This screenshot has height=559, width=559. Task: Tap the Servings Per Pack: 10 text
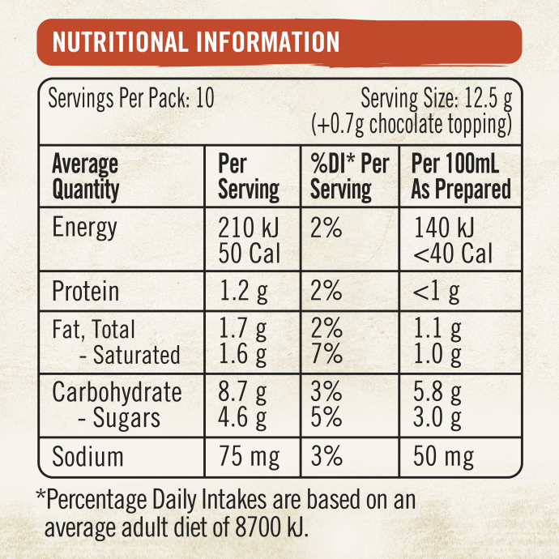point(131,100)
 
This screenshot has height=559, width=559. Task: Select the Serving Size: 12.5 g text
point(436,100)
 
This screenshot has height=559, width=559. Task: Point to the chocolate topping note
point(412,125)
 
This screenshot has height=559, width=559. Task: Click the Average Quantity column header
point(85,177)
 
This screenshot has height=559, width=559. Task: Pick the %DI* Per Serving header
point(349,177)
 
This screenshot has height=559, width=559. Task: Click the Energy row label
point(84,228)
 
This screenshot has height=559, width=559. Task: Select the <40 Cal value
point(453,254)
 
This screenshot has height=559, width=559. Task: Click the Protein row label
point(85,292)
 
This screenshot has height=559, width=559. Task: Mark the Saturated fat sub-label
point(130,355)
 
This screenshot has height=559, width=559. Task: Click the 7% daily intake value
point(326,355)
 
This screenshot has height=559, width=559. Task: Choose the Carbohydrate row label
point(117,393)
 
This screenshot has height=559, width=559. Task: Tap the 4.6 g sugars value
point(243,419)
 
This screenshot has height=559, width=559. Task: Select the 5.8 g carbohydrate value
point(437,393)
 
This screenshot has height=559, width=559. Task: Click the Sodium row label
point(87,457)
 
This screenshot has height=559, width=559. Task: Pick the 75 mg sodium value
point(250,457)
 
